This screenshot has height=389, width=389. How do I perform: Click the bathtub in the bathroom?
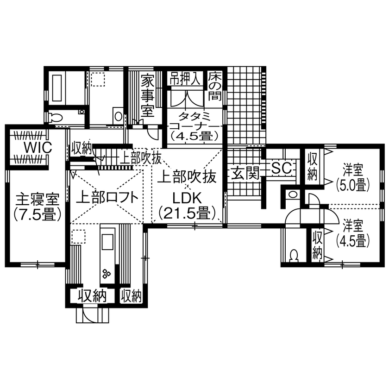[58, 88]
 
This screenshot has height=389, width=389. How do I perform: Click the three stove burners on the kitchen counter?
[107, 274]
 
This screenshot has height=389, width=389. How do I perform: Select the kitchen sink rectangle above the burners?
[107, 243]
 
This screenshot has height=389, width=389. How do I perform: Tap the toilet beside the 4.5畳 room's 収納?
[293, 255]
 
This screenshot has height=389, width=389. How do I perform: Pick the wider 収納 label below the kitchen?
[92, 295]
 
